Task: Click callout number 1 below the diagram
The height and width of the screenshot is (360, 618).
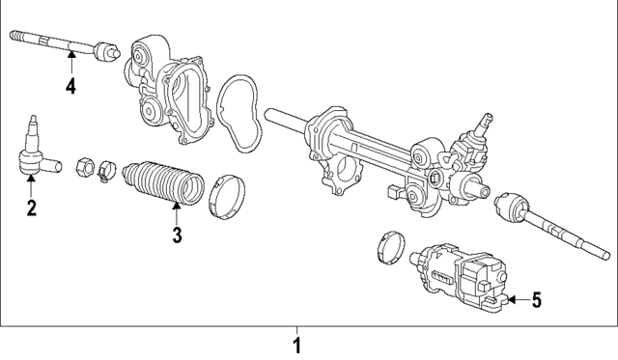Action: (x=297, y=345)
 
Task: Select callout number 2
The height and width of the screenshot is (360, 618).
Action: (x=31, y=208)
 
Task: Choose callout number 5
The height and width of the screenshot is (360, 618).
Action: (x=536, y=300)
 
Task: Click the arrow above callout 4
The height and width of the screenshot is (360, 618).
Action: (x=70, y=60)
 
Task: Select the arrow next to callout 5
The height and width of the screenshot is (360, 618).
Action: (x=514, y=300)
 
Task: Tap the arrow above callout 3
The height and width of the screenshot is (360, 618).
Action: (x=177, y=210)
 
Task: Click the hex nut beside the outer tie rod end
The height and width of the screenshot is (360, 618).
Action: (x=84, y=165)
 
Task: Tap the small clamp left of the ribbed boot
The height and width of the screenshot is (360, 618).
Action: (x=106, y=174)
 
